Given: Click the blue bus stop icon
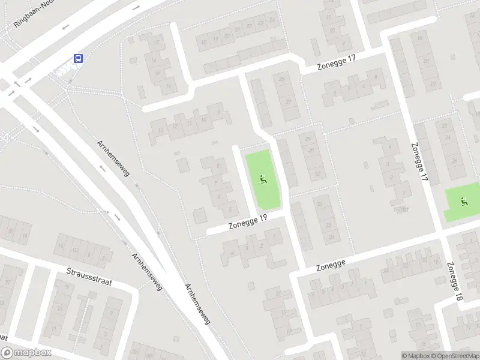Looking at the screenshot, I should point(78,58).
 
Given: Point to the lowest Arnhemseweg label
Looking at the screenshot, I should point(198,304).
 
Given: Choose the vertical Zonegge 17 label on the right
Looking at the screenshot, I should point(420,162).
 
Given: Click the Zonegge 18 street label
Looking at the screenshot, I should point(455,281).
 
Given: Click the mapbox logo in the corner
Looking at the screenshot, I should point(26,353).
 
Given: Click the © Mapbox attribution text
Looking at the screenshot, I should point(416,356).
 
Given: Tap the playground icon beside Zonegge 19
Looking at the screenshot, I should point(263,178).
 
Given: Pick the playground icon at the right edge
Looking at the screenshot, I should point(463,201).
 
